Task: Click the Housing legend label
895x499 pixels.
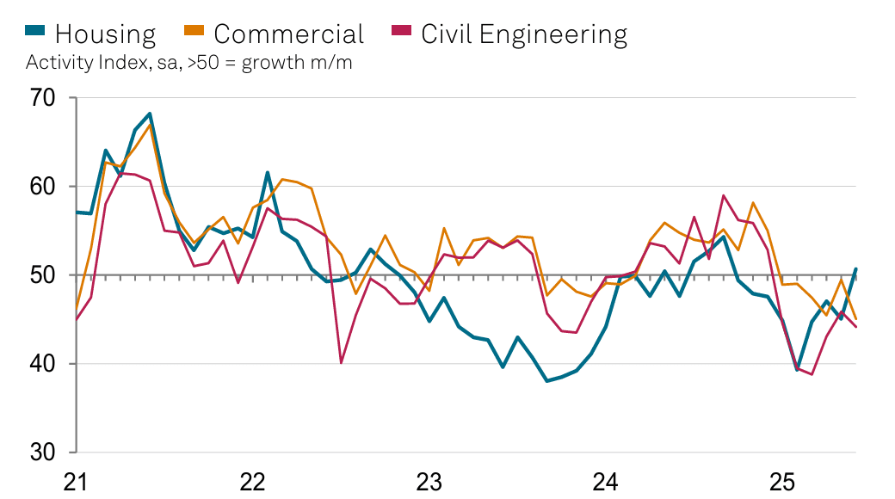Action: (105, 34)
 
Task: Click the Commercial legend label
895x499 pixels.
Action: (288, 34)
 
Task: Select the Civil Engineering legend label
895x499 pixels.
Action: (524, 34)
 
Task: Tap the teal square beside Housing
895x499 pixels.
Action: (34, 32)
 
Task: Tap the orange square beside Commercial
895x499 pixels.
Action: (194, 32)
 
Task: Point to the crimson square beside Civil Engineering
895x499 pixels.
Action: (401, 32)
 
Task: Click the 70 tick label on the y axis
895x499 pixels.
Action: (44, 98)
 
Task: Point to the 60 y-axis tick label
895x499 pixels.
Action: (44, 187)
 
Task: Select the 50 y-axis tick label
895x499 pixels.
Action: (44, 275)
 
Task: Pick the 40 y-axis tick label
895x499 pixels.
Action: (44, 364)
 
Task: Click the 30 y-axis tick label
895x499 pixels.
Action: (44, 453)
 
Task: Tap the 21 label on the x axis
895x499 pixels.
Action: (76, 481)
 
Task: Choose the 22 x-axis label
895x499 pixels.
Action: (252, 481)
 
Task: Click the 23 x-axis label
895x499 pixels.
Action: (429, 481)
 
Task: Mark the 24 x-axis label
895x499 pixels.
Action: (605, 481)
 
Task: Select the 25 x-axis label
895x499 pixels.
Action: (781, 481)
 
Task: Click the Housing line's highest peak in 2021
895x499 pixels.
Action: (150, 114)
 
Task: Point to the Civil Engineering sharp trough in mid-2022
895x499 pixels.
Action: (342, 362)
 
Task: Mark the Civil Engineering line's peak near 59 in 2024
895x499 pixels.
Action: (723, 196)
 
